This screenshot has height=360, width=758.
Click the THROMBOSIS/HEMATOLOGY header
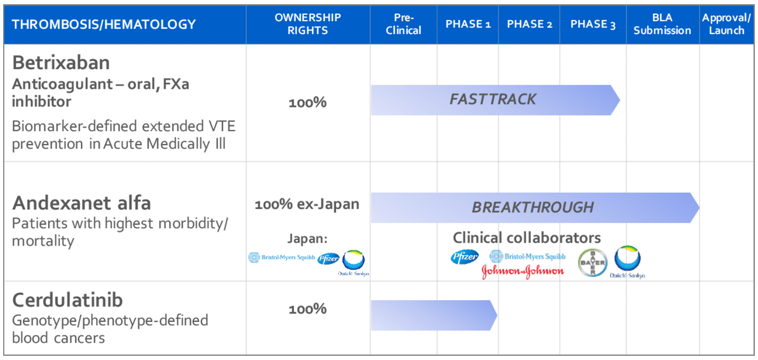[x=104, y=24]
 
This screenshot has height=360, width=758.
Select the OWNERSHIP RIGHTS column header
[x=308, y=24]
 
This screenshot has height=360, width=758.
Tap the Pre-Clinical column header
[x=403, y=24]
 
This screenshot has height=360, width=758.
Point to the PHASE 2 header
[x=529, y=24]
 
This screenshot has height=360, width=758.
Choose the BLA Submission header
[x=662, y=24]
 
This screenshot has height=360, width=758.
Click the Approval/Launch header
[x=726, y=24]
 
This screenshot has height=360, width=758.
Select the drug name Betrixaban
[x=61, y=63]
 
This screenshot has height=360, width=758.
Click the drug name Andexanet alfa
[x=82, y=203]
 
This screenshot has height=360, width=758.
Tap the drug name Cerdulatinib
[x=67, y=300]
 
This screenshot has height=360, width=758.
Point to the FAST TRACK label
[x=493, y=100]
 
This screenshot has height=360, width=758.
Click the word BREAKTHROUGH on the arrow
[x=533, y=207]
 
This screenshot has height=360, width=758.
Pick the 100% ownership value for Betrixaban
[x=308, y=103]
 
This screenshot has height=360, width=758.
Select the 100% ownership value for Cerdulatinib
[x=308, y=309]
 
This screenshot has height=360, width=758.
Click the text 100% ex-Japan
[x=307, y=204]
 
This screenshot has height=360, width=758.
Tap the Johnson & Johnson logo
[x=522, y=272]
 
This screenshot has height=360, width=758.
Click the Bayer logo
[x=591, y=263]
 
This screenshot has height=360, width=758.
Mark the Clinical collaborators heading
[x=527, y=238]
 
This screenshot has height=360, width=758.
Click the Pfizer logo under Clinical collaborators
[x=464, y=257]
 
